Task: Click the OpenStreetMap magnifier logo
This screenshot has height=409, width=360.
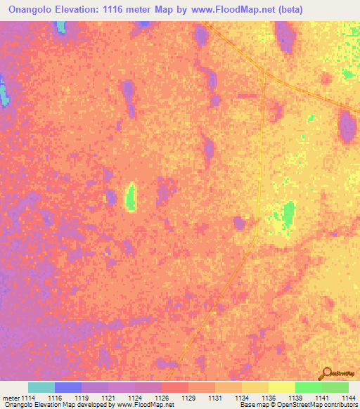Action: click(x=327, y=373)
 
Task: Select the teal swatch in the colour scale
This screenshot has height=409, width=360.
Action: click(x=41, y=387)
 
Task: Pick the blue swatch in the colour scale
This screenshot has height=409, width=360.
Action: click(x=68, y=387)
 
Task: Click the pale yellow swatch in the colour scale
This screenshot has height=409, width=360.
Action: click(x=282, y=387)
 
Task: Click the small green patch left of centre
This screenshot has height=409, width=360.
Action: click(x=131, y=197)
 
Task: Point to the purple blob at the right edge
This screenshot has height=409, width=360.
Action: click(x=347, y=126)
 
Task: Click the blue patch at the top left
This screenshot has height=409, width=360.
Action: click(x=60, y=27)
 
